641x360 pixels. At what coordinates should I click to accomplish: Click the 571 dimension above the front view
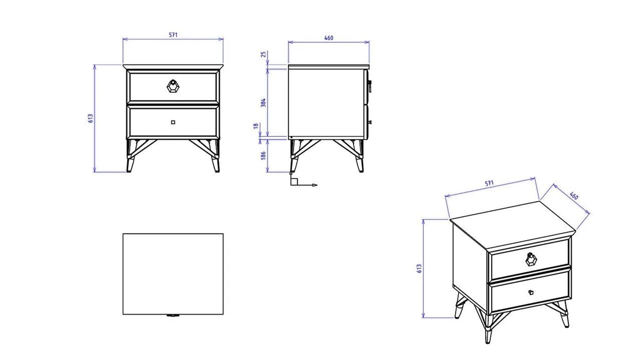click(x=173, y=35)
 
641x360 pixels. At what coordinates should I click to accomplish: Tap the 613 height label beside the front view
click(x=91, y=118)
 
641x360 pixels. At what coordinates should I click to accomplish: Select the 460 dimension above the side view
click(x=329, y=38)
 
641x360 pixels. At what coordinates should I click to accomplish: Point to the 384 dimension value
click(x=263, y=103)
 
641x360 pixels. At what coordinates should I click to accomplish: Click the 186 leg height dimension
click(x=263, y=156)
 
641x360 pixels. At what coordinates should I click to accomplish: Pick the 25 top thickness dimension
click(x=264, y=54)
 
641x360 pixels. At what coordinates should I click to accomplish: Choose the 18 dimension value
click(x=256, y=126)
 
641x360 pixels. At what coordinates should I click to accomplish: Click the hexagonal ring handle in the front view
click(x=173, y=86)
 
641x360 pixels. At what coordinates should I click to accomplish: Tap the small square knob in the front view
click(x=173, y=123)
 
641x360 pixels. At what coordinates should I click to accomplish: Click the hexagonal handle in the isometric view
click(x=531, y=260)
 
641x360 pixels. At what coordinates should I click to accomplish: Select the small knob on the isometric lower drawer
click(x=531, y=292)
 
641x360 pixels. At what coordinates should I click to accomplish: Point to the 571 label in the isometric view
click(x=489, y=183)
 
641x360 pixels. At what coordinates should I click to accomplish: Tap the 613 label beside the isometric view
click(x=419, y=268)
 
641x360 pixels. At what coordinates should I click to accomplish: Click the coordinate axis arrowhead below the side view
click(x=315, y=185)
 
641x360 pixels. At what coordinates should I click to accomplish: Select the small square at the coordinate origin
click(x=294, y=181)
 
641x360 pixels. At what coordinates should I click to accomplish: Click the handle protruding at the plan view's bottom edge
click(x=173, y=315)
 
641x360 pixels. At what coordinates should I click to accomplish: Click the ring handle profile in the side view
click(x=370, y=86)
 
